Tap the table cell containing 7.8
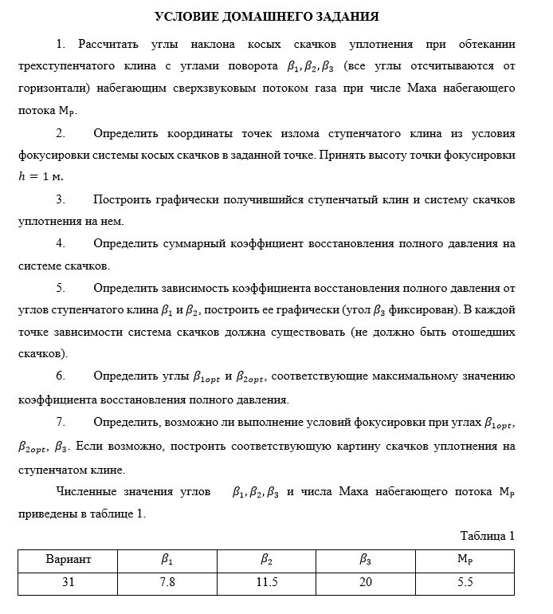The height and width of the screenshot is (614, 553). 167,582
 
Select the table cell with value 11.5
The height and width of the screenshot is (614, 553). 267,582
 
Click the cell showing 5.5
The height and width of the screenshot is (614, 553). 465,582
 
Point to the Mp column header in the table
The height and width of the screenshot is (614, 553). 465,560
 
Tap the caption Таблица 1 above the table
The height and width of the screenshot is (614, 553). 488,536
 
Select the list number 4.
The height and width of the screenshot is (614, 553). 61,242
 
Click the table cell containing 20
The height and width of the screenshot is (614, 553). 366,582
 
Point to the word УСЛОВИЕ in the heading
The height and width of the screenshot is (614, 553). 182,16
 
